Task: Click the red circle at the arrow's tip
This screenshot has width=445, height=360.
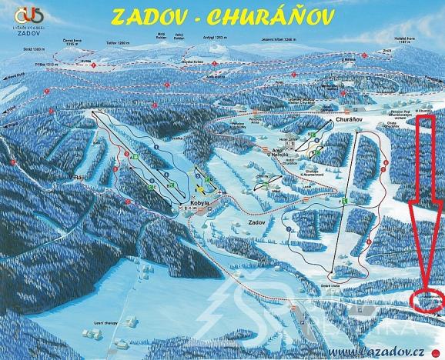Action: pos(427,299)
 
